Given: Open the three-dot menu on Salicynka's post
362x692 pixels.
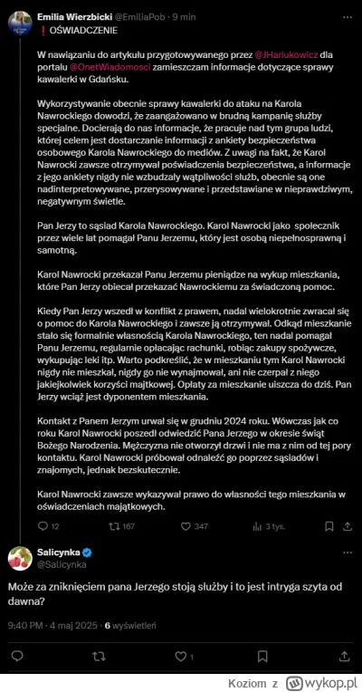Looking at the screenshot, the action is point(344,552).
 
